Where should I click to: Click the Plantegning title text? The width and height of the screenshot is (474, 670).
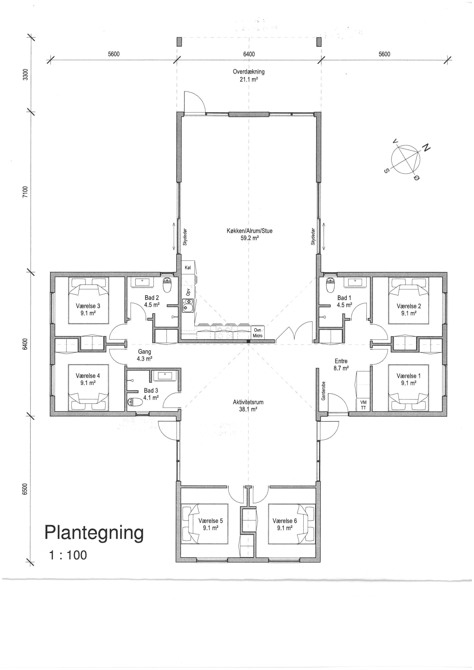point(94,533)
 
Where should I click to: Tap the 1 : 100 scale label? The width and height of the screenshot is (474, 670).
point(68,555)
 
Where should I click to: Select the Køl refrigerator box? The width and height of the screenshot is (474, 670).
point(188,267)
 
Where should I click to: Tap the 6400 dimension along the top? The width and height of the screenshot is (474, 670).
point(249,54)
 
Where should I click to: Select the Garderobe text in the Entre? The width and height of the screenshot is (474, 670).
point(323,391)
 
